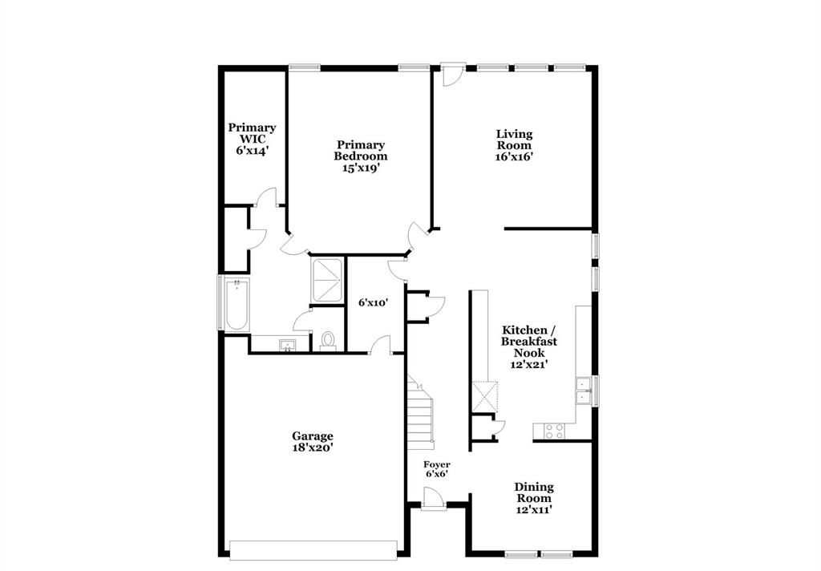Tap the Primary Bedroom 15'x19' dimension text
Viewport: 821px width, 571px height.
click(360, 168)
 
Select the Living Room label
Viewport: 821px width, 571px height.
click(514, 140)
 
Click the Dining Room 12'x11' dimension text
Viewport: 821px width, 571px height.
click(534, 508)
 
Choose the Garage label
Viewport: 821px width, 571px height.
click(313, 436)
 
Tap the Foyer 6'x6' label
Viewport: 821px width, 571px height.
click(437, 468)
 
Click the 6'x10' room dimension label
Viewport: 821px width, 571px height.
click(373, 302)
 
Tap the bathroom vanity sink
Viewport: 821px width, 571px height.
click(287, 345)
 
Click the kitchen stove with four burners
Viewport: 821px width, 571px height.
click(554, 431)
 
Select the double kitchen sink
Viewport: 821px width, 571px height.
click(583, 390)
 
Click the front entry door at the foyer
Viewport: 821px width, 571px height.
click(434, 500)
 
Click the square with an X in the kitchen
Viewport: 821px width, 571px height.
click(485, 395)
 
